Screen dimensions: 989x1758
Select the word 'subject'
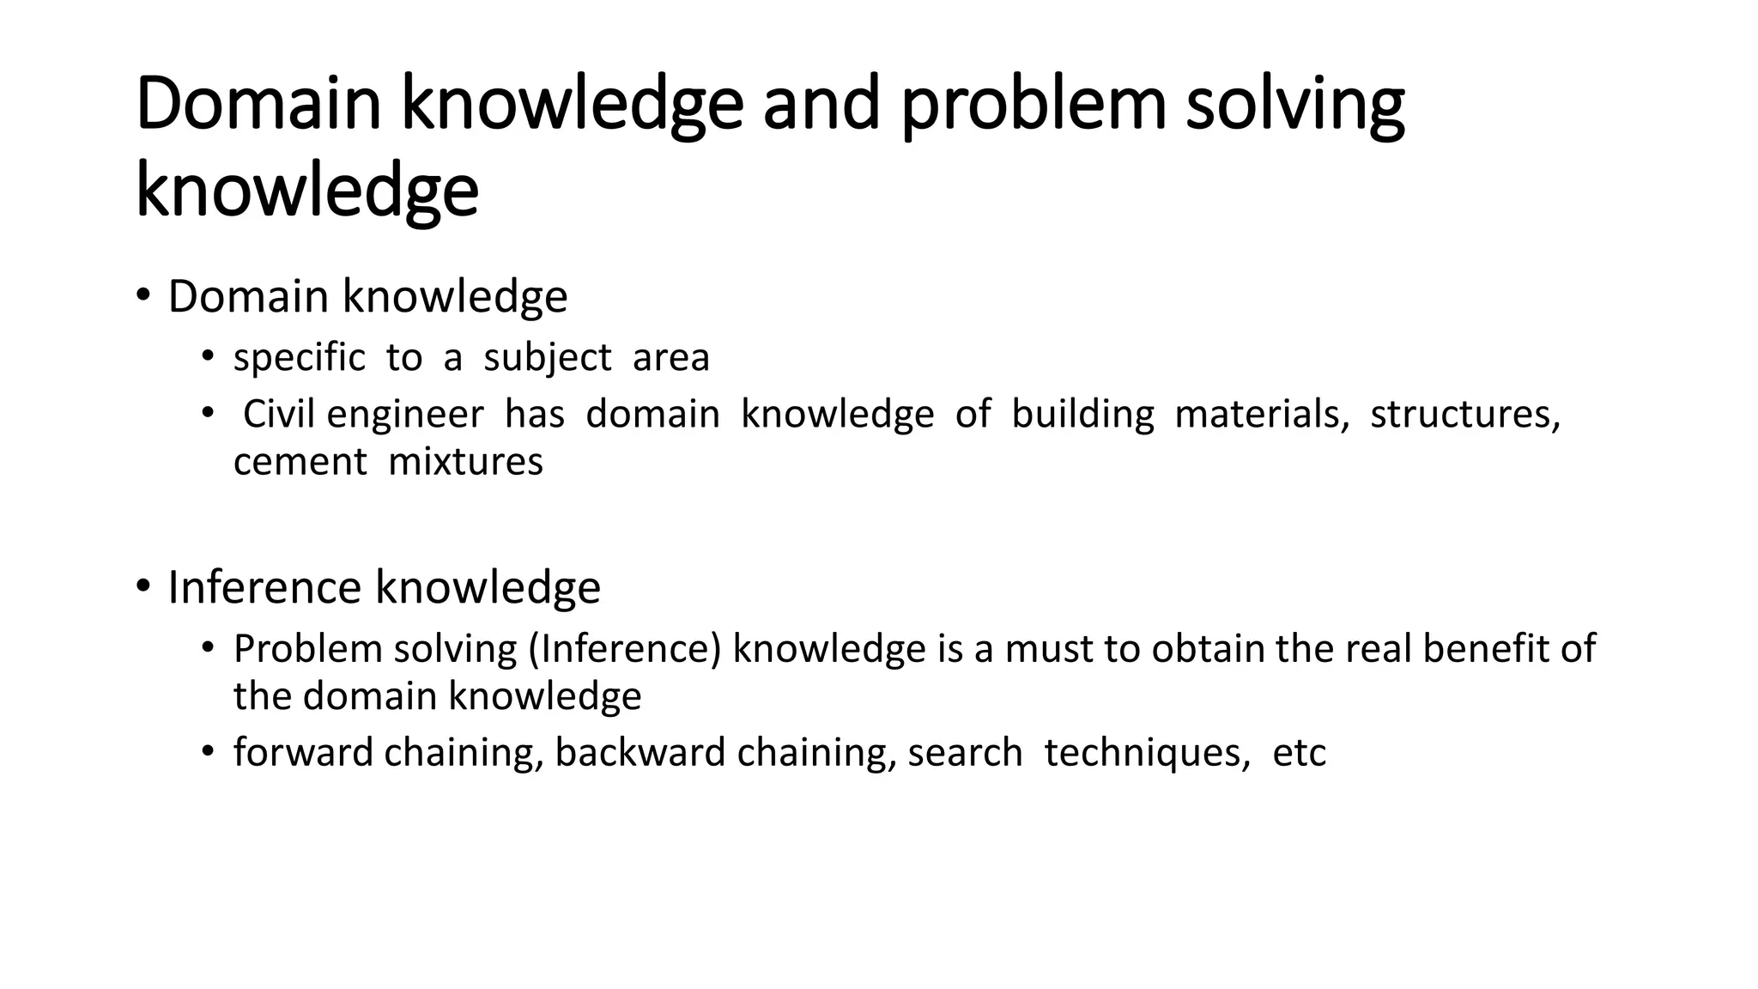pos(548,359)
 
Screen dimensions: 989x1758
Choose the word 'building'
pos(1082,416)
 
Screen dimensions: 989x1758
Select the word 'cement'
pos(300,463)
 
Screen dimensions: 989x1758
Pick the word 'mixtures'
pos(465,462)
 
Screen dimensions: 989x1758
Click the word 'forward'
pos(304,752)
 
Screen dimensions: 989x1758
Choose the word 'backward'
pos(640,752)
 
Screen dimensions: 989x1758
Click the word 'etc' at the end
pos(1299,753)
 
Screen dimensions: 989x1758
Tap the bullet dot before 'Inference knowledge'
pos(142,586)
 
